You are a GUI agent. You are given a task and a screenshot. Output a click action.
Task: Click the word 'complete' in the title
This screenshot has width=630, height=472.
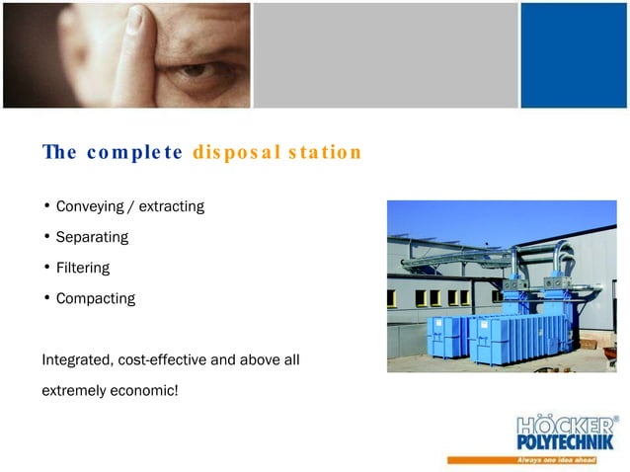tap(134, 153)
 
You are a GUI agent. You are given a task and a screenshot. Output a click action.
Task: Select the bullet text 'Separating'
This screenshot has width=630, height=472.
tap(92, 238)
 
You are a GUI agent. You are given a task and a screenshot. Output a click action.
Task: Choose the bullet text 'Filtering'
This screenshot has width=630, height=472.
tap(83, 268)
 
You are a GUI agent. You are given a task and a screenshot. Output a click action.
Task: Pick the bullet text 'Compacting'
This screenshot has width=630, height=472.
tap(96, 298)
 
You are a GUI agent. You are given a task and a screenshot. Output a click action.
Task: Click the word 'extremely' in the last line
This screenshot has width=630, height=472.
tap(73, 391)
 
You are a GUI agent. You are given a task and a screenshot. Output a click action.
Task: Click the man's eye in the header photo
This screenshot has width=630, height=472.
tap(197, 71)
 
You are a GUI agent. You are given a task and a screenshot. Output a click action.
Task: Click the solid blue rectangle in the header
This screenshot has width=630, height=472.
tap(574, 54)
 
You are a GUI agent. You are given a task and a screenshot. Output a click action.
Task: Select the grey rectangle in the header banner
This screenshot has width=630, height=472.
tap(385, 54)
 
